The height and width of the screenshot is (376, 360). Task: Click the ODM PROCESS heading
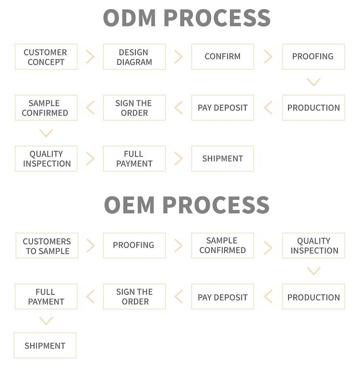coord(187,18)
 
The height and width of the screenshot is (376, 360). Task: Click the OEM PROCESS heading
coord(187,205)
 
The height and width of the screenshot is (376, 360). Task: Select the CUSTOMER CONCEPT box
coord(46,57)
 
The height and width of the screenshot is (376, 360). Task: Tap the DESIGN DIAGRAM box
coord(134,57)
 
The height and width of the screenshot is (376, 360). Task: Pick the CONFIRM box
coord(222,57)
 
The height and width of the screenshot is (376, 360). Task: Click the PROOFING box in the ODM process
coord(313,57)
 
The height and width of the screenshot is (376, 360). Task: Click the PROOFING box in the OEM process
coord(134,245)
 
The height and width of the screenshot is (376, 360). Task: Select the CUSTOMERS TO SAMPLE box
coord(47,245)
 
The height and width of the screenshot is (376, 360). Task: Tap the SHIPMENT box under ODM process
coord(222,159)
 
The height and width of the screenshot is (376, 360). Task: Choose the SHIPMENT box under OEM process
coord(45,346)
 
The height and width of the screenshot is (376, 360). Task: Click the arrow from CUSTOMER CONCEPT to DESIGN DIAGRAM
coord(90,57)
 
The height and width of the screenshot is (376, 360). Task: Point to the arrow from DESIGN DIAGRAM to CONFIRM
coord(179,57)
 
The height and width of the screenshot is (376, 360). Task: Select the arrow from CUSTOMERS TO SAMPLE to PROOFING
coord(90,245)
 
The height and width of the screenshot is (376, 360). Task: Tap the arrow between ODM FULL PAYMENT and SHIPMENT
coord(179,159)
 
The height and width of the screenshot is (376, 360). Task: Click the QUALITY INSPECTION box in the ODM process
coord(46,159)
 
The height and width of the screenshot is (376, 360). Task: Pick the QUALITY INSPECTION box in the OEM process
coord(313,245)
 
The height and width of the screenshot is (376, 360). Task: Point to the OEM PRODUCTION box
coord(313,297)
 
